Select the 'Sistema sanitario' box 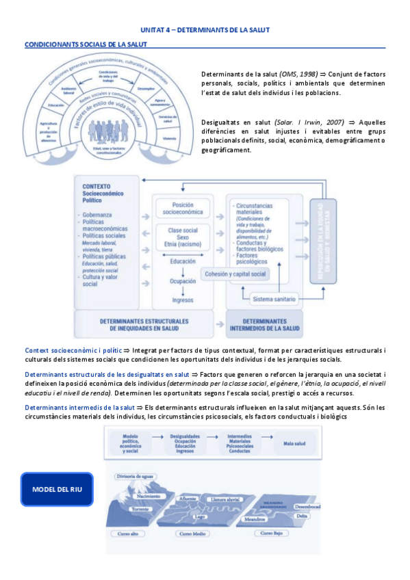coord(266,298)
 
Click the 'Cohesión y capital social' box coord(235,274)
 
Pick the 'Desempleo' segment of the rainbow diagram coord(146,88)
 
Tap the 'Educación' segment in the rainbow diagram coord(57,105)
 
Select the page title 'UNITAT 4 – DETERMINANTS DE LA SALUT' coord(205,30)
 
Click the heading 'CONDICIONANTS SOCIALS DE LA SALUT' coord(85,44)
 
